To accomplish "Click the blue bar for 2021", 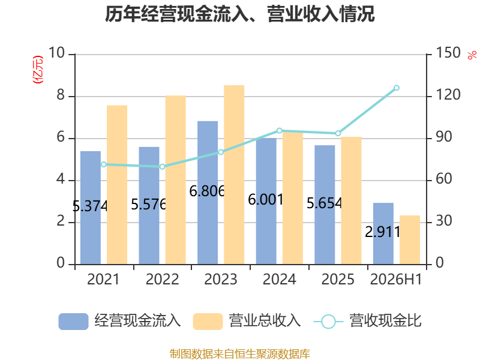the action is click(x=91, y=208).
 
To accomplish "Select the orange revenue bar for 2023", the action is click(x=234, y=175).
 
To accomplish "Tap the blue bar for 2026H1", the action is click(x=383, y=233).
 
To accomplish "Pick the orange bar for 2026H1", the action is click(x=410, y=239).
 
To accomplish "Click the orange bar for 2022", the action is click(x=176, y=179).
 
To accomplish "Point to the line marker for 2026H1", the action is click(x=397, y=88).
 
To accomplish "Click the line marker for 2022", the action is click(x=162, y=167).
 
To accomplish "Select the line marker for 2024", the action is click(x=279, y=131).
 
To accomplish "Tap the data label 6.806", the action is click(x=207, y=191).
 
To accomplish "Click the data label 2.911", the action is click(x=383, y=232).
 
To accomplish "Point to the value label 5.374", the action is click(x=90, y=206).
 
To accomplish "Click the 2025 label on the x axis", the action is click(x=338, y=279).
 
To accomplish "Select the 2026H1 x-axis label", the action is click(x=396, y=279).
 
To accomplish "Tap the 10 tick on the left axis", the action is click(x=56, y=53).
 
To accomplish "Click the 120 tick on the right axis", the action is click(x=448, y=95).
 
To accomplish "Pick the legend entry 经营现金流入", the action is click(x=119, y=321).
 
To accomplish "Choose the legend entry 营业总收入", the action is click(x=247, y=321).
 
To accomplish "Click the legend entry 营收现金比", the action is click(x=368, y=321).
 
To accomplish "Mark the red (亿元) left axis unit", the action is click(x=38, y=70).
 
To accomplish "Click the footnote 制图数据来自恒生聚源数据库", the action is click(x=240, y=354).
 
